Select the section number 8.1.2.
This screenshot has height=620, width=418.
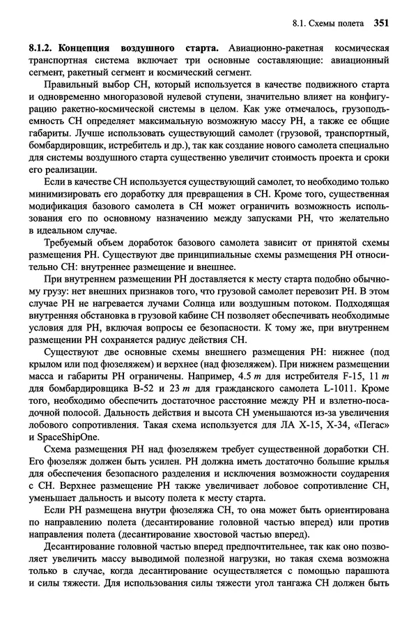click(42, 48)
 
